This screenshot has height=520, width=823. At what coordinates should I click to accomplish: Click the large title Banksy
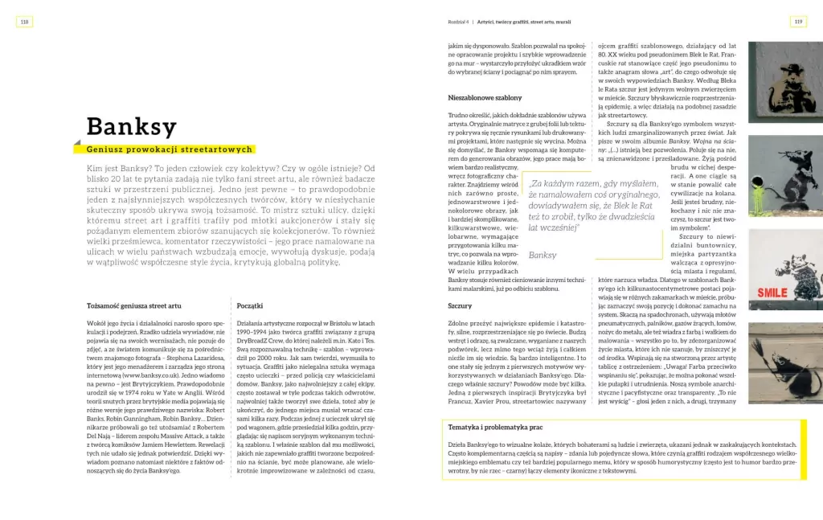[132, 127]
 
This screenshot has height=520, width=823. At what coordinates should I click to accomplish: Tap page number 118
[24, 22]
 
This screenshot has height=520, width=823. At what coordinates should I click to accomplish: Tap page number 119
[797, 22]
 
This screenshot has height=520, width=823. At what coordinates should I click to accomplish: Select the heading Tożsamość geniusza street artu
[133, 305]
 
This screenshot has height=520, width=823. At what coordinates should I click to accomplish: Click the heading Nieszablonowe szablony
[485, 97]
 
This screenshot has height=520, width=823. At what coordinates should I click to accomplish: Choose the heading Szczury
[460, 306]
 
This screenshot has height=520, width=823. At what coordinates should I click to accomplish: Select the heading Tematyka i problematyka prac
[496, 427]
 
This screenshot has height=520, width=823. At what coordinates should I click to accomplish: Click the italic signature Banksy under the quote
[543, 255]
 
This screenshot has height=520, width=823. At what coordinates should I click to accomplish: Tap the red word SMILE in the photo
[772, 292]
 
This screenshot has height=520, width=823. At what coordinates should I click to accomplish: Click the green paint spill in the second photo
[758, 190]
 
